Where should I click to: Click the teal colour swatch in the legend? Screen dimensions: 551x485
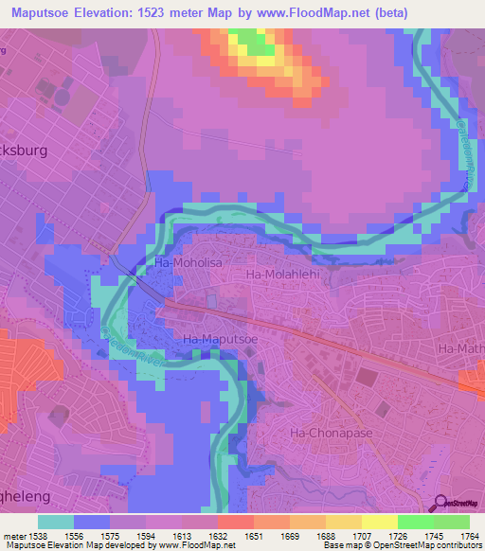point(56,521)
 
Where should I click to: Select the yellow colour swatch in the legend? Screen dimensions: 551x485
point(378,521)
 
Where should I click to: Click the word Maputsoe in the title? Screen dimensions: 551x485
point(42,12)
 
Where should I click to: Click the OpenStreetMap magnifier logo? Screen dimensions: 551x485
point(441,504)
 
